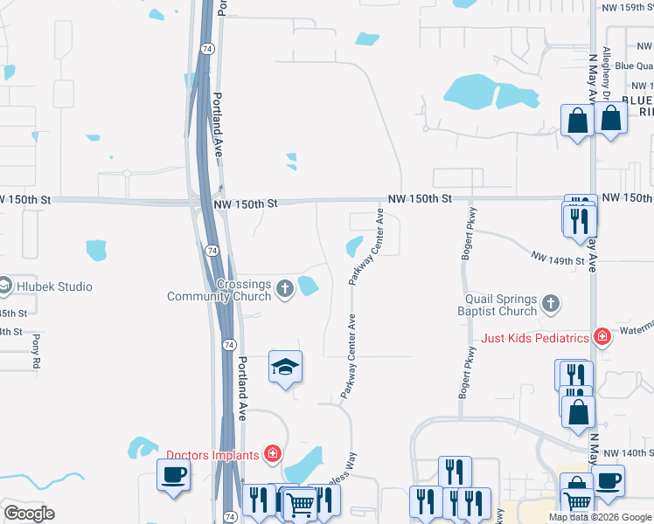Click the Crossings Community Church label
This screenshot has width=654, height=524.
pos(219,290)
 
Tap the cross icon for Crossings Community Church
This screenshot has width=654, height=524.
pos(284,288)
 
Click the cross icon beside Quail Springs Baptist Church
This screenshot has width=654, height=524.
pos(550,304)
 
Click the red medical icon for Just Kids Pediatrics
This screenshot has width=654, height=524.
pos(602,336)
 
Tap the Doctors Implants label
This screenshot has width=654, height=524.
pos(213,454)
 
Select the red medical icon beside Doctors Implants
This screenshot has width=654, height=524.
pos(273,453)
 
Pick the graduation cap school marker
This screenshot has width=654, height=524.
pos(285,368)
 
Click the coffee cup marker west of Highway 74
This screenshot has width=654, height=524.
pos(173,476)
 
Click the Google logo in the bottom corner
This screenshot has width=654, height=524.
pos(29,513)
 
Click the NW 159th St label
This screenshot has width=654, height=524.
pos(627,7)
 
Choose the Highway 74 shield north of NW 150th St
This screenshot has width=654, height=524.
pos(205,49)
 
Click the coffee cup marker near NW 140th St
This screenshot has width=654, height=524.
pos(608,479)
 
